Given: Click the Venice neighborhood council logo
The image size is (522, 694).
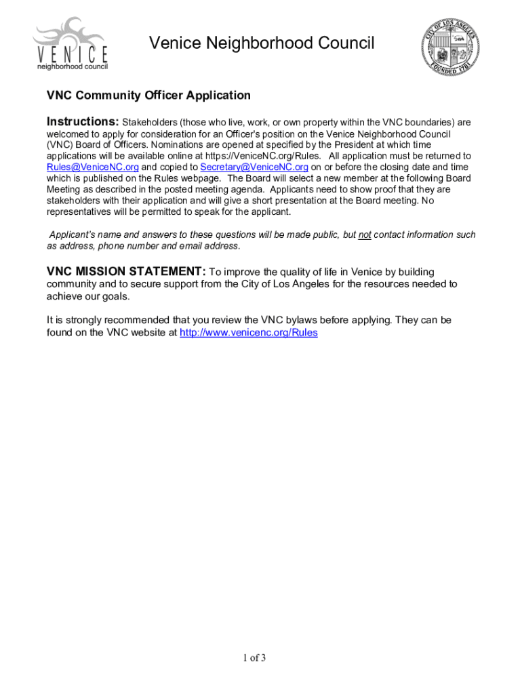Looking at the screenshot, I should [x=71, y=45].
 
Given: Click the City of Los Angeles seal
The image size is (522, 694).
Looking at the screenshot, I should [x=451, y=45].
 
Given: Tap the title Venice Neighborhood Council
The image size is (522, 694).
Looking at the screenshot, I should [x=261, y=44].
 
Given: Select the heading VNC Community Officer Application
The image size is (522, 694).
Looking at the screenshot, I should [x=148, y=96].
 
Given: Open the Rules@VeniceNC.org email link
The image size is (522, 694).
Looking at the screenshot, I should [x=93, y=167].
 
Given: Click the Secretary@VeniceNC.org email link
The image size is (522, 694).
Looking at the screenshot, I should [x=254, y=167].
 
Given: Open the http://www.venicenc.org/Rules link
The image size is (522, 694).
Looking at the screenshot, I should [x=248, y=333].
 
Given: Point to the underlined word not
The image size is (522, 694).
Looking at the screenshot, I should [x=364, y=234].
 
